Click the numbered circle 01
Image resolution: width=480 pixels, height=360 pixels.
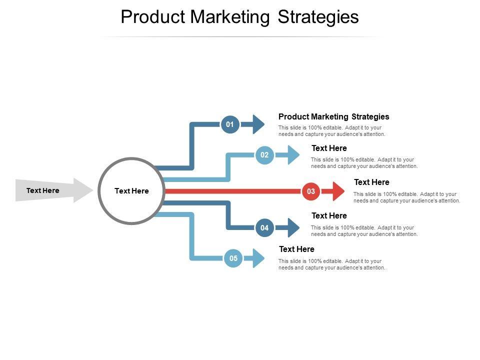pyautogui.click(x=230, y=124)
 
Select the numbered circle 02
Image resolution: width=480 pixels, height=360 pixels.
pyautogui.click(x=264, y=155)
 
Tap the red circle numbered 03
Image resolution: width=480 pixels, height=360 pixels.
pyautogui.click(x=311, y=191)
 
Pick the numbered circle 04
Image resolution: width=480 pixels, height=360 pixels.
pyautogui.click(x=264, y=228)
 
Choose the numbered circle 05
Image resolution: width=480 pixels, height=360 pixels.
pyautogui.click(x=233, y=258)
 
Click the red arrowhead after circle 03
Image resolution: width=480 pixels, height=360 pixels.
pyautogui.click(x=336, y=191)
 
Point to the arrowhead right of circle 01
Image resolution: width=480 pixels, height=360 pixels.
pyautogui.click(x=256, y=124)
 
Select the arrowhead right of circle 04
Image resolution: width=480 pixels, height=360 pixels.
pyautogui.click(x=290, y=228)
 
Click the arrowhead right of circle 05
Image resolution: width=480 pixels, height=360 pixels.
pyautogui.click(x=257, y=258)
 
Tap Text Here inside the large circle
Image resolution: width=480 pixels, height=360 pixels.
pyautogui.click(x=131, y=191)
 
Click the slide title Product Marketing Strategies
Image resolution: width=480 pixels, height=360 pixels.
pyautogui.click(x=240, y=17)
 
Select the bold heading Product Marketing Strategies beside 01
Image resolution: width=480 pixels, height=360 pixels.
pyautogui.click(x=333, y=116)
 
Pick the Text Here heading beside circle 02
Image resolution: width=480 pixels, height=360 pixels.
pyautogui.click(x=329, y=148)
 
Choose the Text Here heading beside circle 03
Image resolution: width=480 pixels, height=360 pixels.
pyautogui.click(x=371, y=182)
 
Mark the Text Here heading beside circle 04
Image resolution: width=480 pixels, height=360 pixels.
pyautogui.click(x=329, y=216)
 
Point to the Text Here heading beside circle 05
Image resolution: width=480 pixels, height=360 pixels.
pyautogui.click(x=296, y=249)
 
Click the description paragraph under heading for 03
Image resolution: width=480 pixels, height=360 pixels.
pyautogui.click(x=406, y=197)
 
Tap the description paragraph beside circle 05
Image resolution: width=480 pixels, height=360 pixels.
pyautogui.click(x=331, y=264)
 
